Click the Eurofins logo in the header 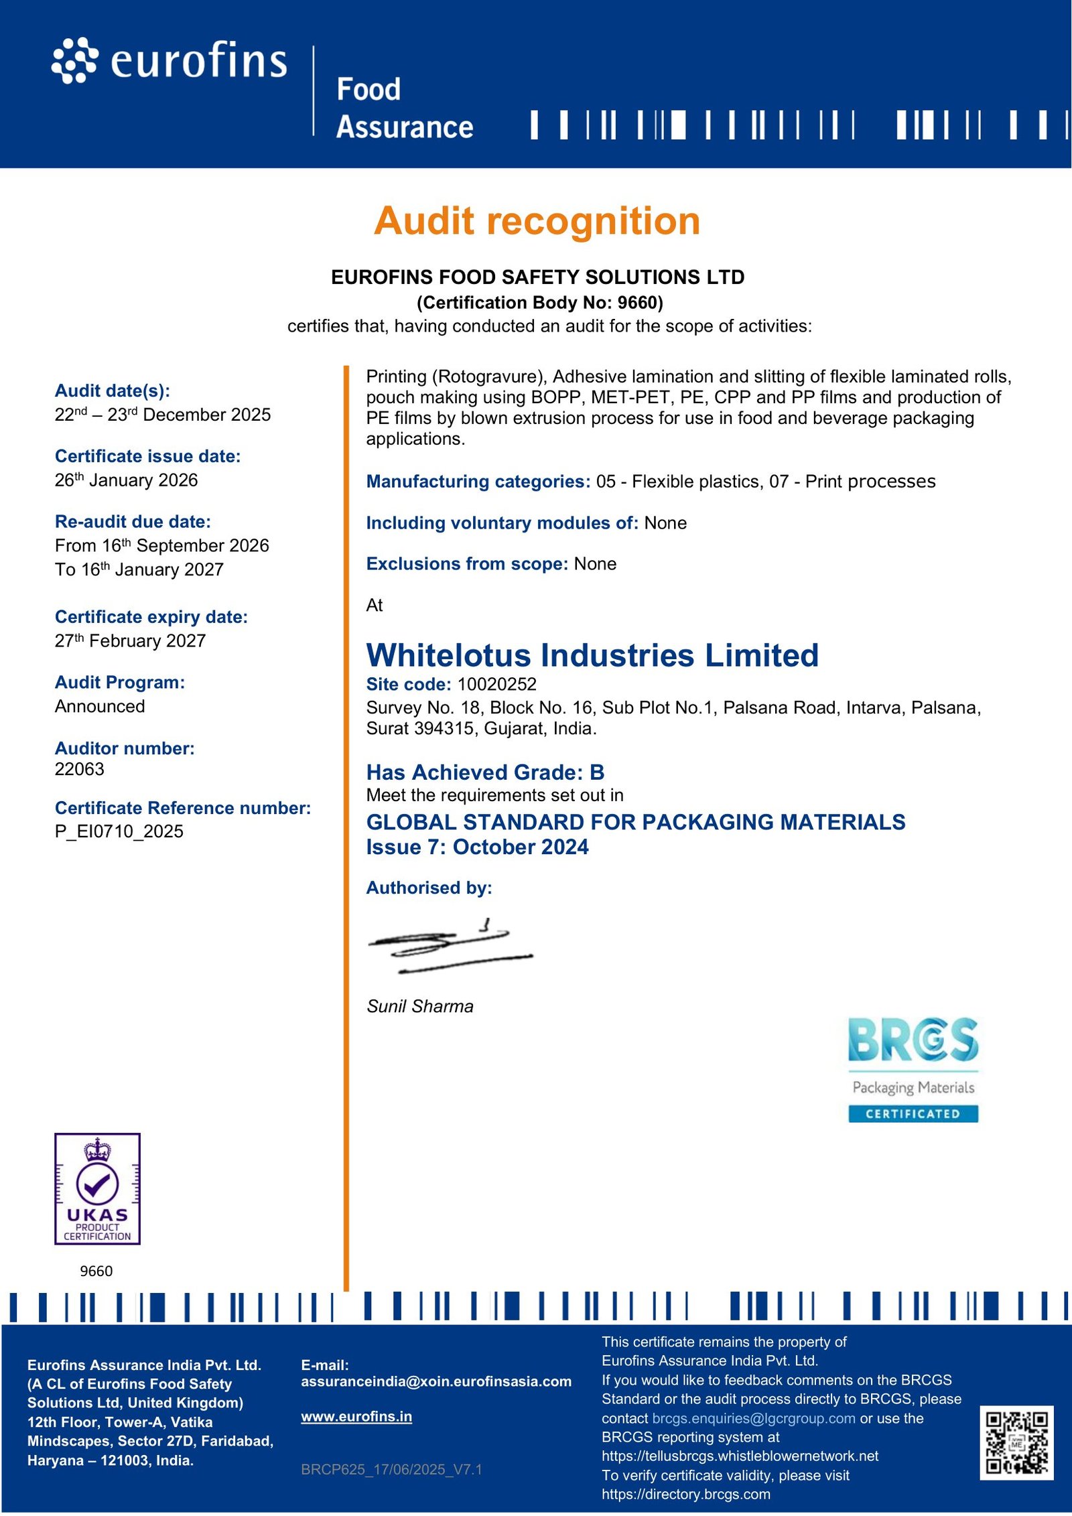[x=170, y=61]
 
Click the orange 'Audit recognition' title [x=537, y=221]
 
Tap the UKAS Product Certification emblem [x=97, y=1188]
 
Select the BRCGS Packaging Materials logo [x=913, y=1069]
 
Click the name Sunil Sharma [x=420, y=1006]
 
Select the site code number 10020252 [x=496, y=684]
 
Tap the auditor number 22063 [x=80, y=769]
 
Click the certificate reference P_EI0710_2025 [x=119, y=831]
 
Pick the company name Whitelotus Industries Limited [x=592, y=655]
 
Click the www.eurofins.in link [x=356, y=1417]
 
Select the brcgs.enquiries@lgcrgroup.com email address [x=753, y=1418]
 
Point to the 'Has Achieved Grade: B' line [x=485, y=772]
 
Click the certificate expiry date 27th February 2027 [x=130, y=641]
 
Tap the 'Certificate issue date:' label [x=147, y=456]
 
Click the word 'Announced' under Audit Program [x=100, y=706]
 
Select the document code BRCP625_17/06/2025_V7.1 [x=391, y=1470]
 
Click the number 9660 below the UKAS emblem [x=96, y=1271]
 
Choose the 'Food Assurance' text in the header [x=404, y=109]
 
